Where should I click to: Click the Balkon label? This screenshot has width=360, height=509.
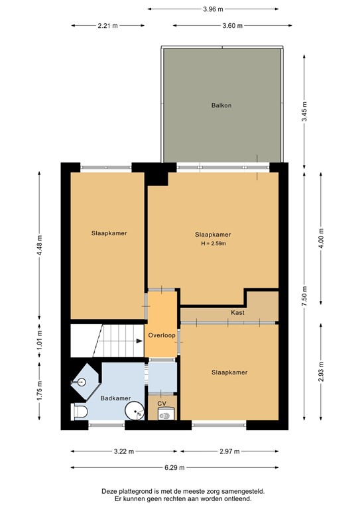(x=221, y=105)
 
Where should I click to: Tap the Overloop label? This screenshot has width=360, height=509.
(x=162, y=335)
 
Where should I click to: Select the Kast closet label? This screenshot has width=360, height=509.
(x=238, y=312)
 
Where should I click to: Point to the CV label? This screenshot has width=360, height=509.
(x=162, y=402)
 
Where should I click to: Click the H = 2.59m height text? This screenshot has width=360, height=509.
(x=213, y=244)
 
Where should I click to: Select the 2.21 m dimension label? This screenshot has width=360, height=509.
(x=107, y=26)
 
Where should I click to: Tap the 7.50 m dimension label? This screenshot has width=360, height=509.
(x=304, y=293)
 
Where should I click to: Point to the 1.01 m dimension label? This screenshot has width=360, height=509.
(x=39, y=340)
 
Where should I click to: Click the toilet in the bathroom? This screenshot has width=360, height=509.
(x=78, y=412)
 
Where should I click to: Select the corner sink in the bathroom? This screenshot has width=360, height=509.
(x=80, y=382)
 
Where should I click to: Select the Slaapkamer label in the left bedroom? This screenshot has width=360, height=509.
(x=109, y=233)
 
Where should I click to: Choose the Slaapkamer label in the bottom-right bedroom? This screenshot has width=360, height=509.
(x=229, y=372)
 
